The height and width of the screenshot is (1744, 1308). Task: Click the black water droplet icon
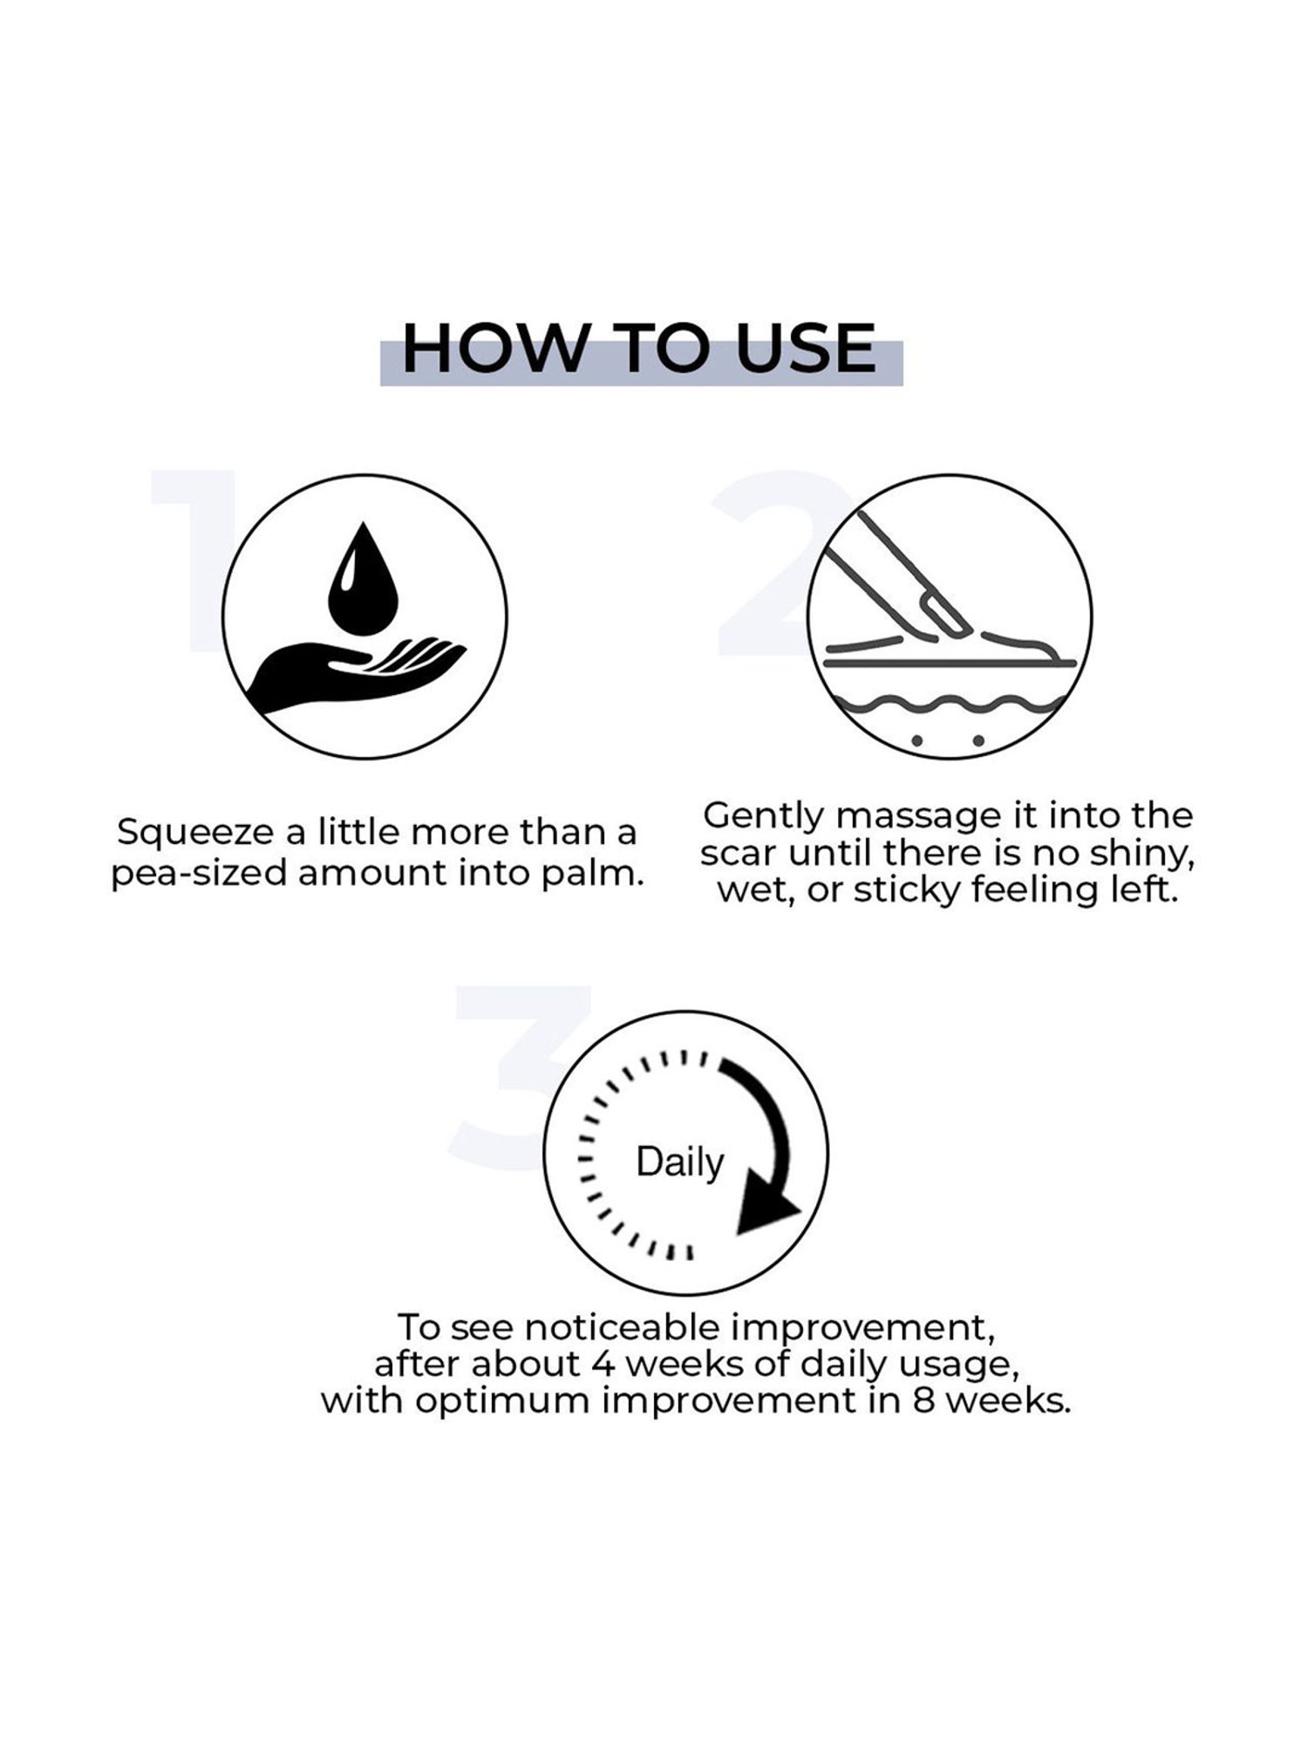pyautogui.click(x=363, y=578)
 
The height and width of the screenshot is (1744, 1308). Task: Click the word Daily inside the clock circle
pyautogui.click(x=680, y=1162)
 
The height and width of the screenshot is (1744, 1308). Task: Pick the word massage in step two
pyautogui.click(x=920, y=817)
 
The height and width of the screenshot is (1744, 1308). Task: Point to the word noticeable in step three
pyautogui.click(x=623, y=1328)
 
